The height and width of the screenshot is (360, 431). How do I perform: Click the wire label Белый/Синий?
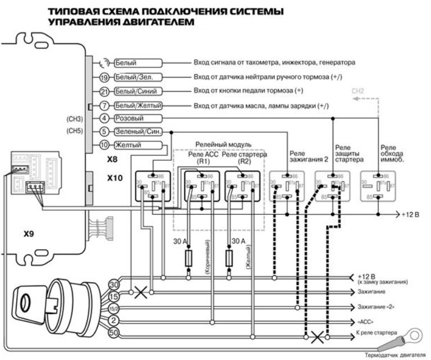pos(138,91)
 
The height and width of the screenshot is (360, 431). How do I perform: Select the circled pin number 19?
pos(103,77)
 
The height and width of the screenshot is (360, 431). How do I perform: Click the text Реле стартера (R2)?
pos(244,157)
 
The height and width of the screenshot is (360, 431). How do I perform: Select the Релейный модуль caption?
pos(223,145)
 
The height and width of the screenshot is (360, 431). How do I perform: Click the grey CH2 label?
pos(357,90)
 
